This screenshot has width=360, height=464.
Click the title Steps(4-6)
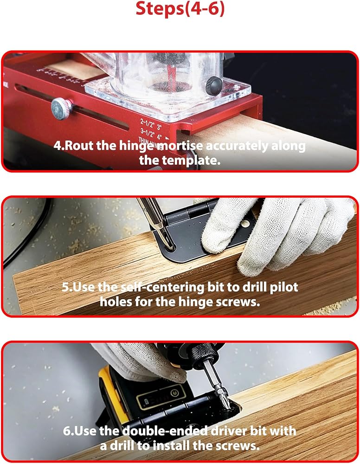point(180,8)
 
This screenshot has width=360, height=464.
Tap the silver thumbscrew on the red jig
point(62,109)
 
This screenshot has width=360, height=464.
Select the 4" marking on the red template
point(160,137)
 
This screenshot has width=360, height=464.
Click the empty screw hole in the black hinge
point(245,224)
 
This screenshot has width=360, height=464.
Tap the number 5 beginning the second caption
point(65,287)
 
